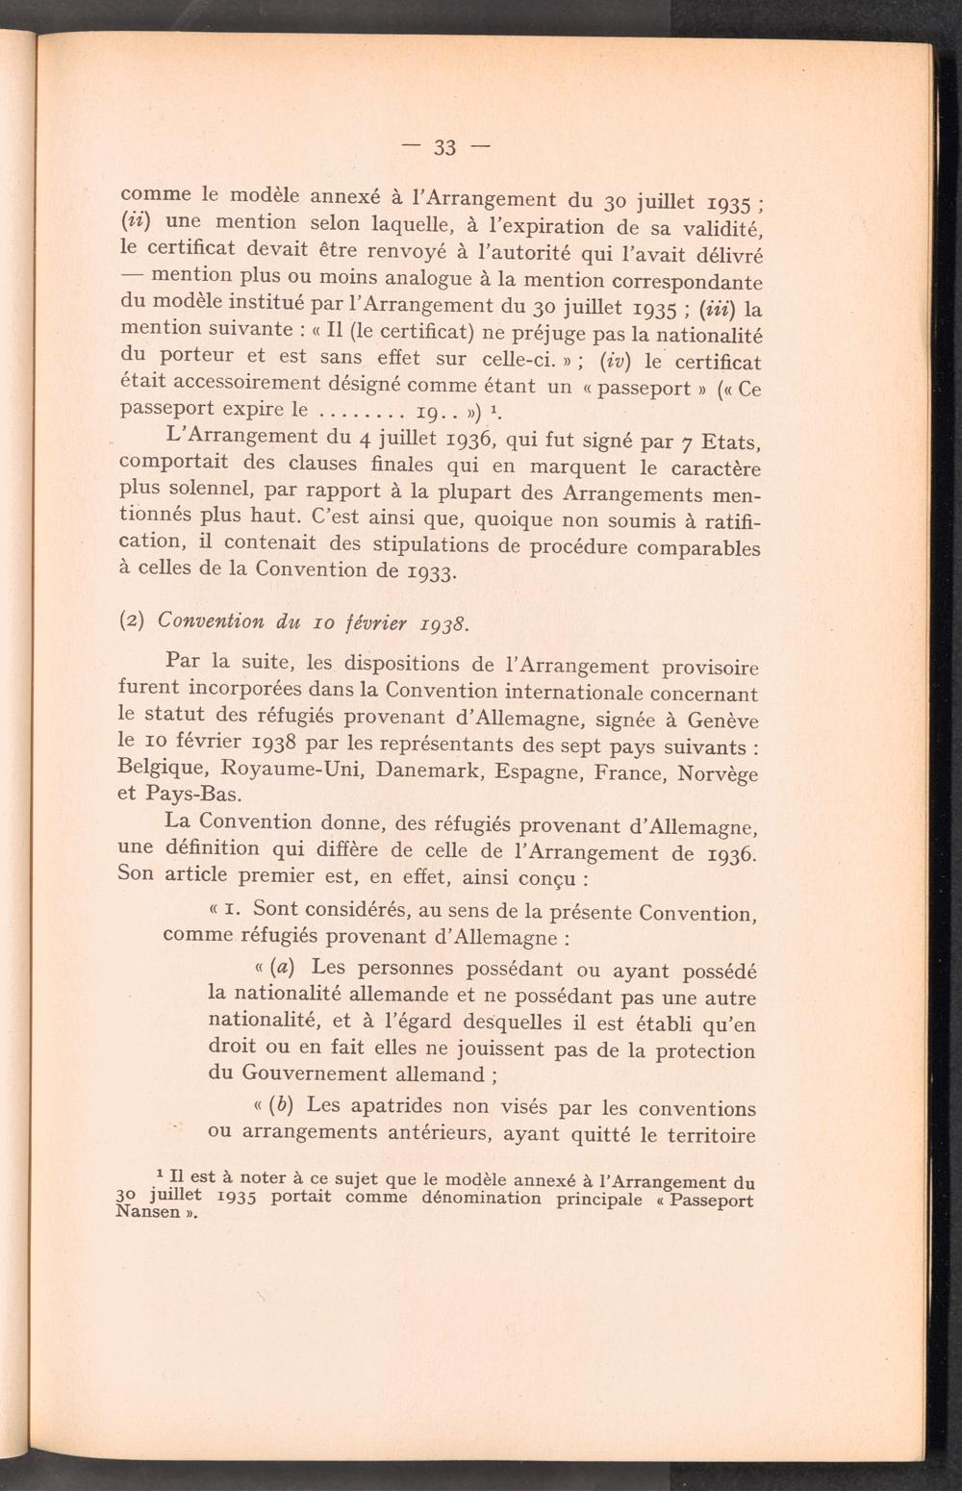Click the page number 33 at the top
(443, 147)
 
